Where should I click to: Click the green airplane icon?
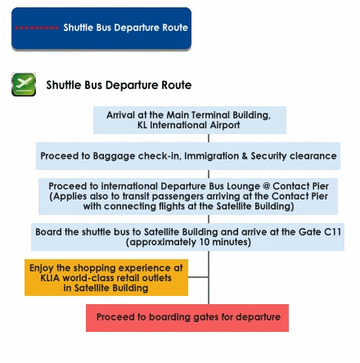coord(24,84)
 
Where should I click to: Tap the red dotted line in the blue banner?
coord(37,28)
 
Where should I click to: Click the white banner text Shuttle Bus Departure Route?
coord(126,28)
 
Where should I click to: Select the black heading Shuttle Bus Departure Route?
coord(119,85)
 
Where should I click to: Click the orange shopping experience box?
coord(106,277)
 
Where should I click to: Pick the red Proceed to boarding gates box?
coord(187,318)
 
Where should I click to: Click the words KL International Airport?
coord(189,125)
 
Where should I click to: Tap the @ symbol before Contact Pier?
coord(266,186)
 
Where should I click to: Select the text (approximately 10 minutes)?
coord(188,242)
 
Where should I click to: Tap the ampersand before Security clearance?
coord(245,156)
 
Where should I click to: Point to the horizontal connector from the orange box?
coord(198,277)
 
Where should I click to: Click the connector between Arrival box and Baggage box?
coord(209,138)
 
